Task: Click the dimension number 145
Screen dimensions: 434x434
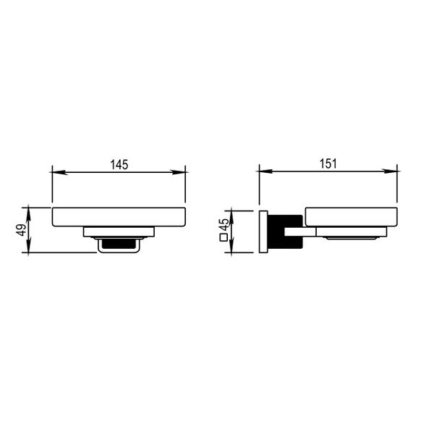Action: click(119, 164)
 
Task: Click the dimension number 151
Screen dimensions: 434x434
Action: click(328, 163)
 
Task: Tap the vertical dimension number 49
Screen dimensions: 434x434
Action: click(22, 230)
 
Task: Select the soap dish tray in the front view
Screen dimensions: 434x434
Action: click(119, 217)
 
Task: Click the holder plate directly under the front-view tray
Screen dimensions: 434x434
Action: click(119, 232)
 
